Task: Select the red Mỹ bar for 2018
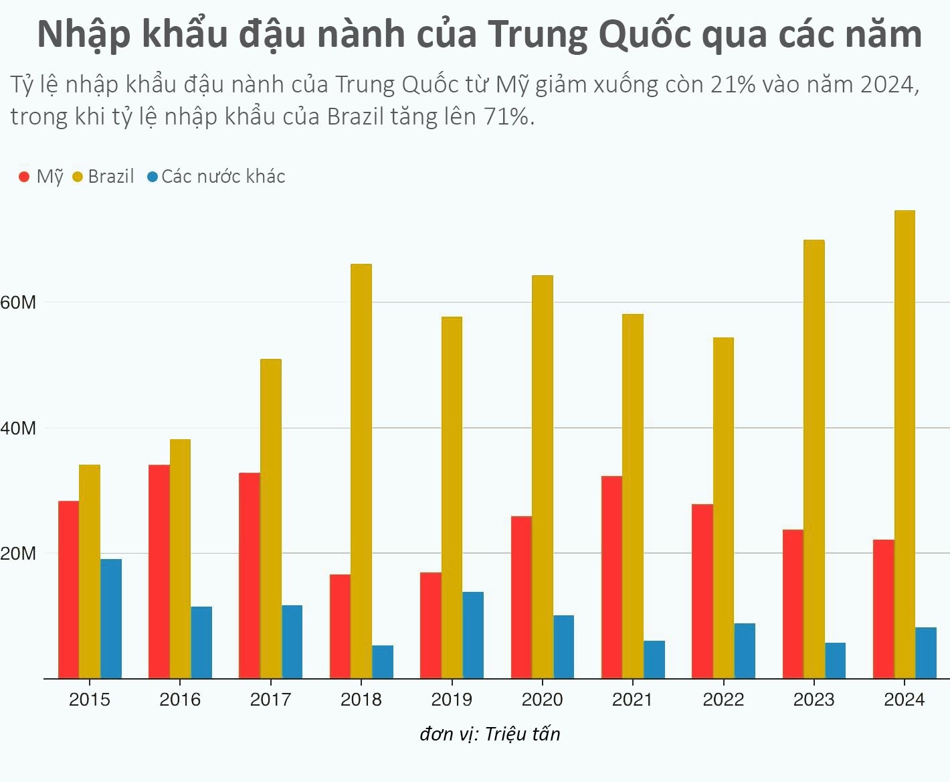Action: [340, 627]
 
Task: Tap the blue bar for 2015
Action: [111, 619]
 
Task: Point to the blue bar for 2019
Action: [473, 635]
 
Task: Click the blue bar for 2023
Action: [835, 660]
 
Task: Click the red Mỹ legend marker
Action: [24, 177]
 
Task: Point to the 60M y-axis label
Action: [18, 303]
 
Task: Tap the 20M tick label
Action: [18, 554]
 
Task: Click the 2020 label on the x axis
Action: [542, 700]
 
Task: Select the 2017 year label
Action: [270, 700]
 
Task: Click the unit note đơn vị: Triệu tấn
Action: [490, 734]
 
